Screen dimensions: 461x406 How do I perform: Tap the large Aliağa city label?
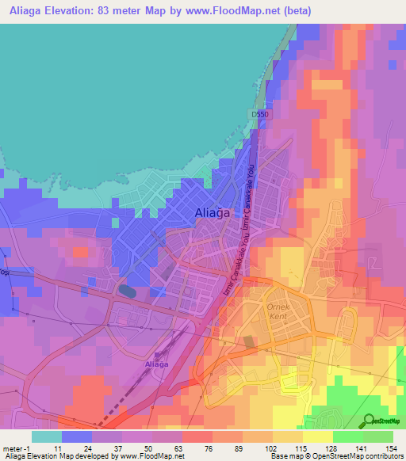213,211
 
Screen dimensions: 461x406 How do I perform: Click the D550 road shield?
259,116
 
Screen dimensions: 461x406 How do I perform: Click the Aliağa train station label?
161,364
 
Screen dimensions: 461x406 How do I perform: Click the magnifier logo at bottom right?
367,421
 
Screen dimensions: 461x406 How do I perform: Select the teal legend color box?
46,436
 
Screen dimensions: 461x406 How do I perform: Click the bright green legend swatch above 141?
347,436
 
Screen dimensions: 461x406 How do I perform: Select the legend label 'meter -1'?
17,448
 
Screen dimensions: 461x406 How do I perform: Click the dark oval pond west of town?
126,290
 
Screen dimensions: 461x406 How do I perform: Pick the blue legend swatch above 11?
76,436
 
